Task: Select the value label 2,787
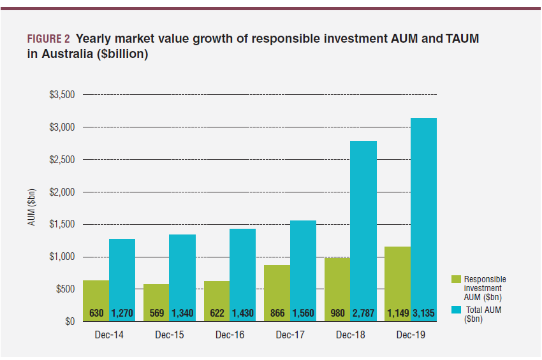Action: point(363,313)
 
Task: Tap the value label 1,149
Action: point(397,313)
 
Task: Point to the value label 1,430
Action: point(242,313)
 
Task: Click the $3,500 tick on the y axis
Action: point(62,95)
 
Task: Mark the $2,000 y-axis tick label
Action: point(62,192)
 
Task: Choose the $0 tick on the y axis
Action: point(70,322)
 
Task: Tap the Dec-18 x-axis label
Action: point(350,335)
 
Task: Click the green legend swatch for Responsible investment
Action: point(455,279)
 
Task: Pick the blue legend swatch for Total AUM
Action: point(455,309)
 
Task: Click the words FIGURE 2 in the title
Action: point(48,39)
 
